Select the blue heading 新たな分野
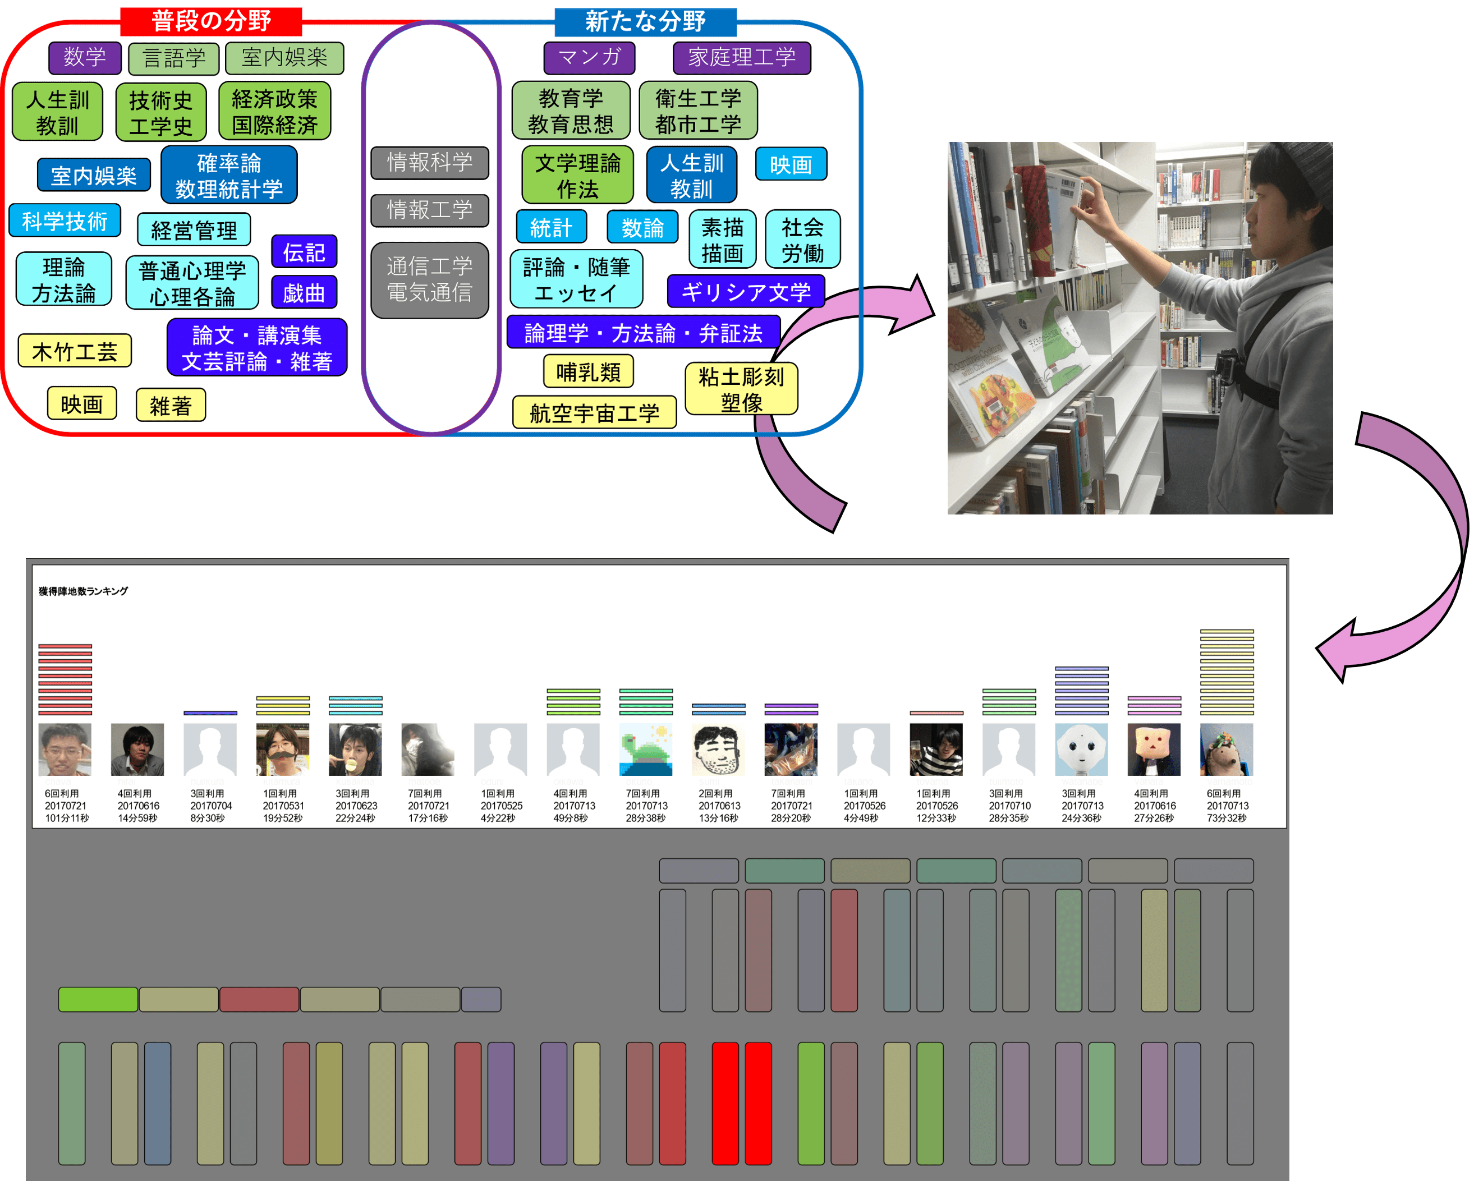(645, 21)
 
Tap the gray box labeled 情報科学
(429, 163)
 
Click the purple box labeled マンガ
(589, 57)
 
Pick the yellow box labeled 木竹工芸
(75, 351)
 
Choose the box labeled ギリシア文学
(746, 292)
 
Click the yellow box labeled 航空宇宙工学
(594, 413)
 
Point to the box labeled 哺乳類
(588, 372)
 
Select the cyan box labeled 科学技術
(65, 220)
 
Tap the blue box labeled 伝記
(304, 252)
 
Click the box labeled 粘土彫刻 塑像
(741, 389)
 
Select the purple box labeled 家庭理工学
(742, 57)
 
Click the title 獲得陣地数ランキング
(82, 591)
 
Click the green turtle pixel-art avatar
(645, 749)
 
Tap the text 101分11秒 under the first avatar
(66, 818)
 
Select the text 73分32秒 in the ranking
(1227, 818)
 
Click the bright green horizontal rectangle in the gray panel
(98, 999)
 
